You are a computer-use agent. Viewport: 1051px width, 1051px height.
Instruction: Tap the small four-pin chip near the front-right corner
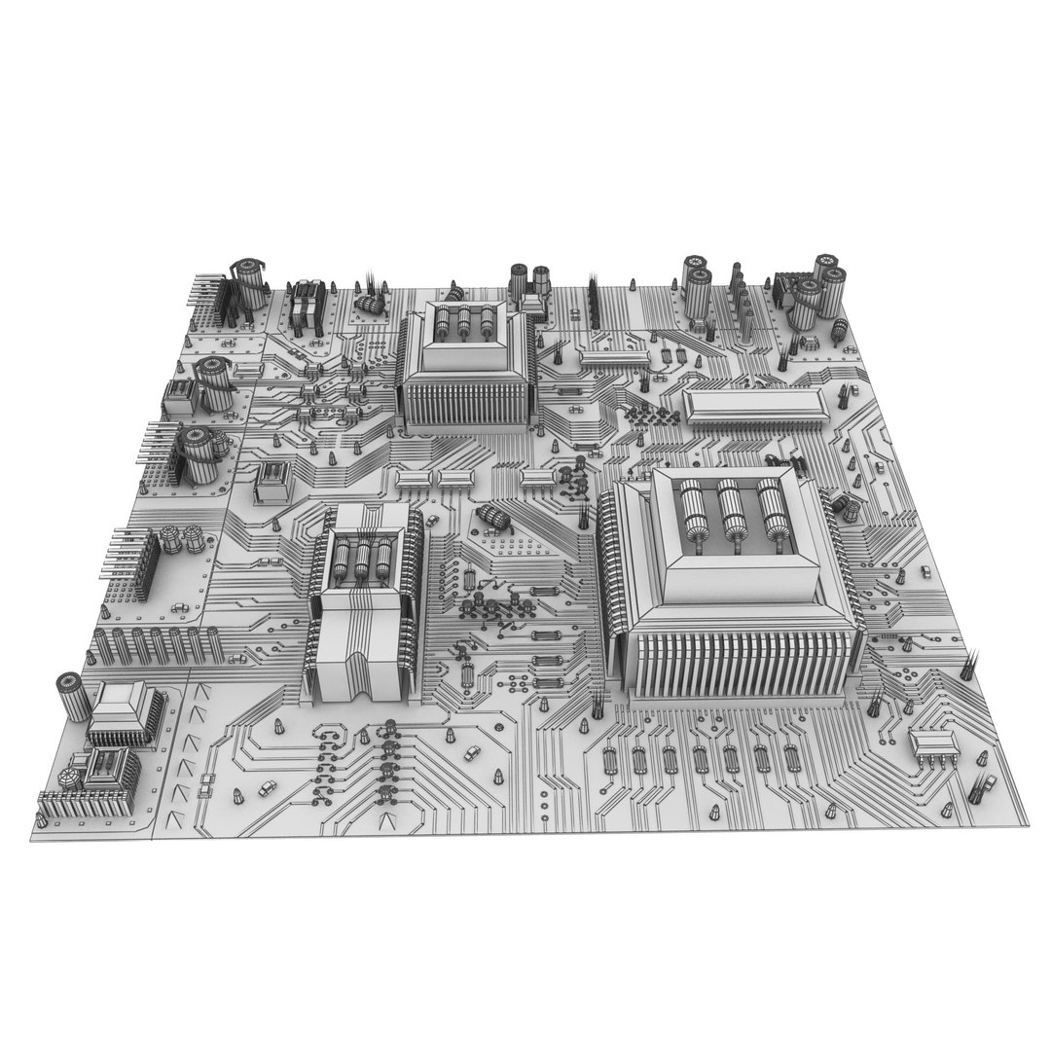[933, 745]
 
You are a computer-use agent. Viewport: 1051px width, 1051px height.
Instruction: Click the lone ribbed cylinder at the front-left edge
[69, 692]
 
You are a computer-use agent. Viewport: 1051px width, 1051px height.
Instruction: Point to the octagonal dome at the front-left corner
[69, 779]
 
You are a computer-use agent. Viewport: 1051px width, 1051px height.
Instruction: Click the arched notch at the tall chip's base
[352, 681]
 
